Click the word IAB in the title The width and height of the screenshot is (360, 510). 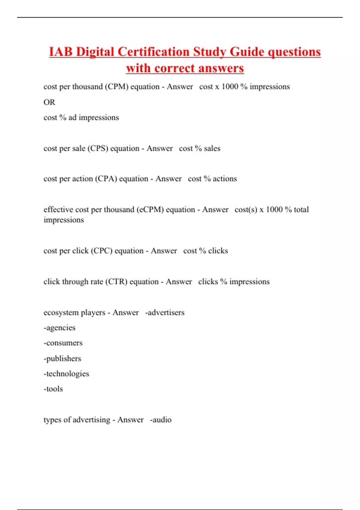(x=61, y=52)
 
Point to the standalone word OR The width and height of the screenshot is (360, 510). (x=49, y=102)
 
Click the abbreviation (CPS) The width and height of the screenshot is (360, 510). (x=98, y=148)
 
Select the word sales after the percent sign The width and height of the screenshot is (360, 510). (x=212, y=148)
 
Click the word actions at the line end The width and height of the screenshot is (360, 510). (x=225, y=179)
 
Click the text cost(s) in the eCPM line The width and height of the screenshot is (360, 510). (x=246, y=209)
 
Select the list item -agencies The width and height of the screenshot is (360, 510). (x=59, y=328)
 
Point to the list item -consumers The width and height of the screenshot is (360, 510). (x=63, y=343)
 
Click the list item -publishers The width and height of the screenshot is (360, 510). (x=62, y=358)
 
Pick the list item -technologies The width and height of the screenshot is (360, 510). (x=66, y=374)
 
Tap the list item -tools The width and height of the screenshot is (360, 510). (x=53, y=389)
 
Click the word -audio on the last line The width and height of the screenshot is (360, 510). (x=161, y=420)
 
